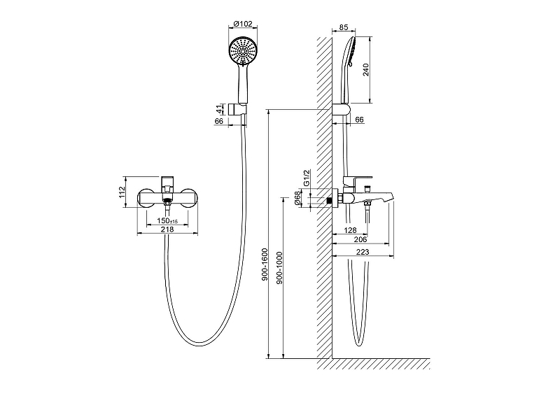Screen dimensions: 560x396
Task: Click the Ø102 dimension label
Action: pos(242,24)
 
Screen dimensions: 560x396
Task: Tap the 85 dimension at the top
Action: pos(343,27)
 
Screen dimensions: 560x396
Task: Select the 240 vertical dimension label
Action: pos(365,70)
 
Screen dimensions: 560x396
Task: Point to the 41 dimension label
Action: pos(219,109)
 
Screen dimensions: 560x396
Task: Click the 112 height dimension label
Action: pos(122,192)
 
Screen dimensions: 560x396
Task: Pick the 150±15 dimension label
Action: pos(167,220)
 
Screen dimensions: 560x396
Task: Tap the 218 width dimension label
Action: pos(167,229)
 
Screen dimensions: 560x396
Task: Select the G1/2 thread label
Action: pos(307,178)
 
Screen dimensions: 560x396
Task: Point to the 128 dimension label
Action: pos(350,230)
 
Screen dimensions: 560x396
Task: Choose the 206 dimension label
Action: pos(360,239)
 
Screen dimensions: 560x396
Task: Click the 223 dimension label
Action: pos(363,252)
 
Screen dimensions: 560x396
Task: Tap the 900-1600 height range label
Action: pos(265,264)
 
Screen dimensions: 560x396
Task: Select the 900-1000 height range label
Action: pos(279,268)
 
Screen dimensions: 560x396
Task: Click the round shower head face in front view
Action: pos(242,51)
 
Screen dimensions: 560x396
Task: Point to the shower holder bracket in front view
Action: pos(237,110)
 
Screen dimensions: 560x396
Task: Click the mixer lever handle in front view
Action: pos(167,182)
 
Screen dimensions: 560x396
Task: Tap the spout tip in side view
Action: pos(392,195)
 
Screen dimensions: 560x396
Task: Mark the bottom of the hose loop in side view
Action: pos(359,346)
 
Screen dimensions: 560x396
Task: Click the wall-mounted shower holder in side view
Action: pos(341,110)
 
